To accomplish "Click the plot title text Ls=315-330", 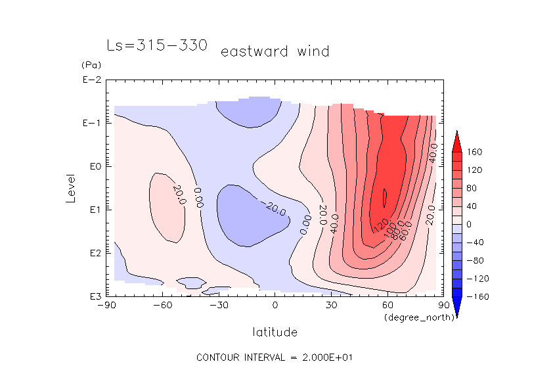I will click(157, 45).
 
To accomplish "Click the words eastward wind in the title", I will click(275, 51).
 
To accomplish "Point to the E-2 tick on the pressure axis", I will click(91, 80).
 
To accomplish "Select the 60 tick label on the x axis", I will click(387, 305).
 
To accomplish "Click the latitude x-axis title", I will click(275, 332).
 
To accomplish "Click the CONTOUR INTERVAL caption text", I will click(275, 357).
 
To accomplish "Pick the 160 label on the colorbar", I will click(475, 152).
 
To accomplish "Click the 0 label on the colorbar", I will click(470, 225).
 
